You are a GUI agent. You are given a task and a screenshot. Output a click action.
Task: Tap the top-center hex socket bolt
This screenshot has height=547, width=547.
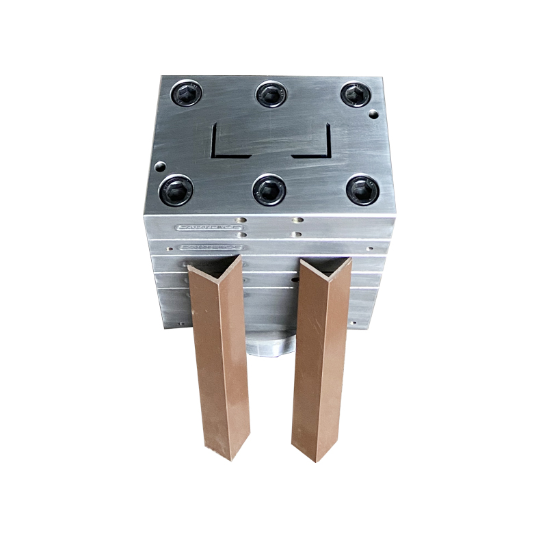(271, 94)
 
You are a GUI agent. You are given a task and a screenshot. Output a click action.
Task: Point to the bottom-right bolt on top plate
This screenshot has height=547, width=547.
(362, 189)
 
